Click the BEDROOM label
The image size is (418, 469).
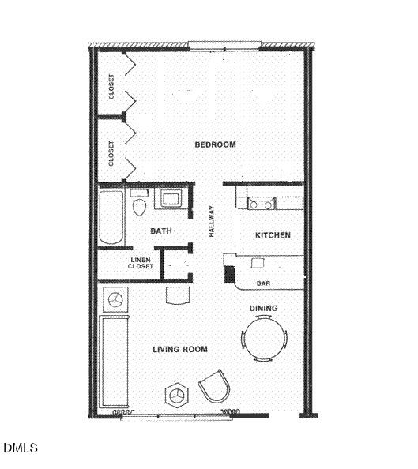click(x=215, y=144)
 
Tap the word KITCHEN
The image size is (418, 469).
click(x=273, y=235)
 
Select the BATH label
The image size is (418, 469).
click(x=161, y=231)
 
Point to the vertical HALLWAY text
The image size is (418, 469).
click(x=212, y=222)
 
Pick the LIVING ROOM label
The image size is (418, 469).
click(x=180, y=348)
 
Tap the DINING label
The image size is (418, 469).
click(x=263, y=308)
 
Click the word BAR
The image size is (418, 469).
click(x=265, y=283)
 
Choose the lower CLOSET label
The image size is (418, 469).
click(x=111, y=153)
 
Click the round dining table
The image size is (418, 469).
click(x=264, y=338)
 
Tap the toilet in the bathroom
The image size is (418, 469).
click(x=140, y=204)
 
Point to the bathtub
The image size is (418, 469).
click(x=111, y=217)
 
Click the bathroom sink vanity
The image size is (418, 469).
click(x=171, y=198)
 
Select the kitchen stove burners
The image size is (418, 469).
click(x=261, y=204)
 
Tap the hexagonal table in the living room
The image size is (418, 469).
click(x=176, y=394)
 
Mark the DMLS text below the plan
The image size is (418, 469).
click(x=21, y=448)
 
